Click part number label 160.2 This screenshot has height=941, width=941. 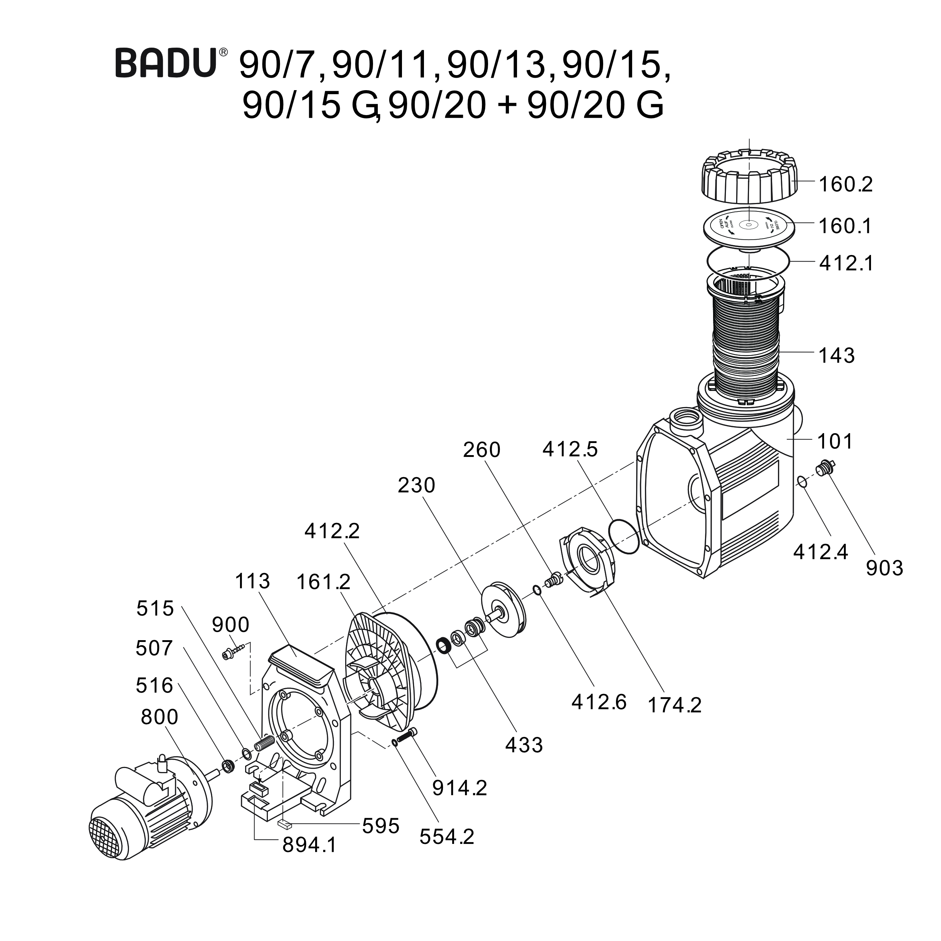tap(845, 185)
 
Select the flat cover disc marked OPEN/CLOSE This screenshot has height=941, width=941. tap(749, 227)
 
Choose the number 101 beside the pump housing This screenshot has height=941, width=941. tap(835, 441)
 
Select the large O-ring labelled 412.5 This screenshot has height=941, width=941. tap(624, 536)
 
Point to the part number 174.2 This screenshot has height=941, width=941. tap(674, 705)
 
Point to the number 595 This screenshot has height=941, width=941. tap(380, 826)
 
